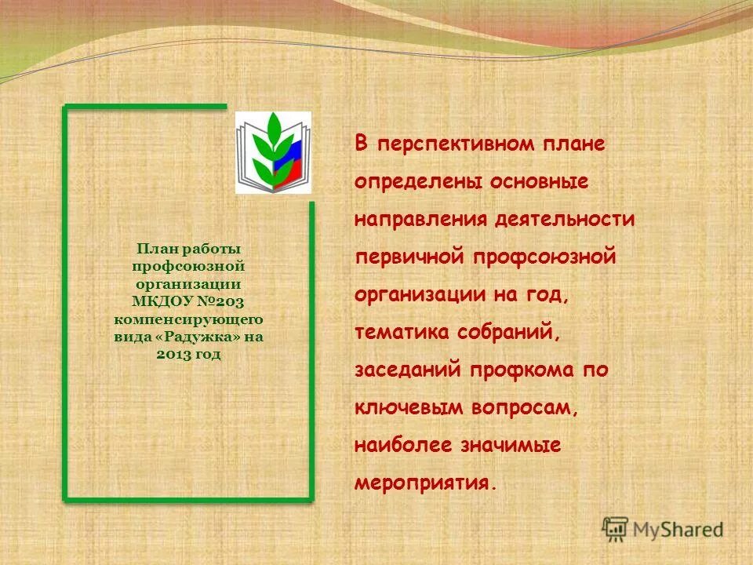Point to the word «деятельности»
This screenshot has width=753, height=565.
pos(565,220)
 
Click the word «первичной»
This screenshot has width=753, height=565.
pos(409,257)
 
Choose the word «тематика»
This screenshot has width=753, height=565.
pos(402,332)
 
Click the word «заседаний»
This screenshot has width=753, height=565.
pos(408,370)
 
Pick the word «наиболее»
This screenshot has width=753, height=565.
pos(403,445)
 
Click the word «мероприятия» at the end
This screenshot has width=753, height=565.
pos(424,483)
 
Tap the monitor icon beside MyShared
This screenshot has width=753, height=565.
pos(616,528)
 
